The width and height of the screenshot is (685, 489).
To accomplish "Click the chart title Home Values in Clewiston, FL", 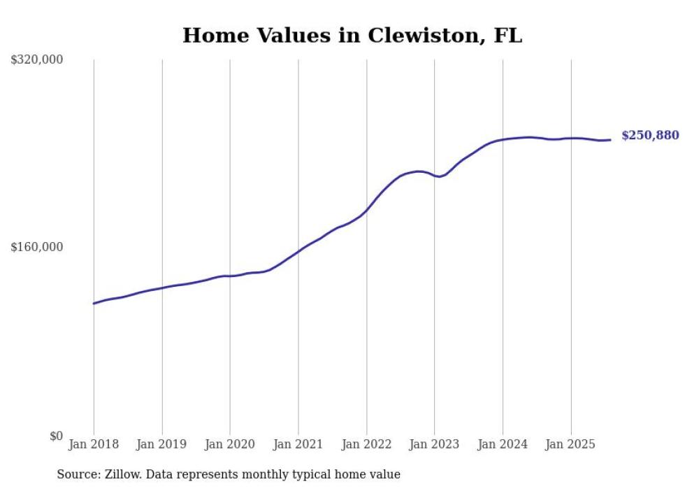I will [x=352, y=36].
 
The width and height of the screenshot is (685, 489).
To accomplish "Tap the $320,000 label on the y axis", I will [x=37, y=60].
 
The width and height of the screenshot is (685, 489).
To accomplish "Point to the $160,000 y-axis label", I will [x=37, y=247].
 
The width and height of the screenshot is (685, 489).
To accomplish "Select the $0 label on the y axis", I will [x=56, y=436].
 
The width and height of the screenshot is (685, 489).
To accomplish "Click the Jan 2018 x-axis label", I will [x=94, y=445].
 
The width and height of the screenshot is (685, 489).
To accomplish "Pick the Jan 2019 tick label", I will [x=162, y=445].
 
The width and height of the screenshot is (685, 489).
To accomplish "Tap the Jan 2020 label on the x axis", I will [x=230, y=445].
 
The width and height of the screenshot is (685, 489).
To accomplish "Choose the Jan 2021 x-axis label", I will [x=298, y=445].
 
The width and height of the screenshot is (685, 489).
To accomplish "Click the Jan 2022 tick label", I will [x=366, y=445].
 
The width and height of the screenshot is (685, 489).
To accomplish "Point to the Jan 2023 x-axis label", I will [x=435, y=445].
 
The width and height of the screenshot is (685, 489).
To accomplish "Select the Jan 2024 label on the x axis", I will [x=503, y=445].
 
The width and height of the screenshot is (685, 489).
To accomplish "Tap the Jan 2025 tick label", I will [x=571, y=445].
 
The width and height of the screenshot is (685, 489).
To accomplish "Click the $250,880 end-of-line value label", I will [x=650, y=136].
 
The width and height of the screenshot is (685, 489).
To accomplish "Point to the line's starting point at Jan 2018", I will [x=94, y=304].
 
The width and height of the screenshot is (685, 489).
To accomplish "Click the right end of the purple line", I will [x=610, y=140].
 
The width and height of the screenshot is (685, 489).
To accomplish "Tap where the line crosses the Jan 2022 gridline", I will [x=366, y=210].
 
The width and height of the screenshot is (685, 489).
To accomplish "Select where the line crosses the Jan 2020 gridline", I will [x=230, y=276].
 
